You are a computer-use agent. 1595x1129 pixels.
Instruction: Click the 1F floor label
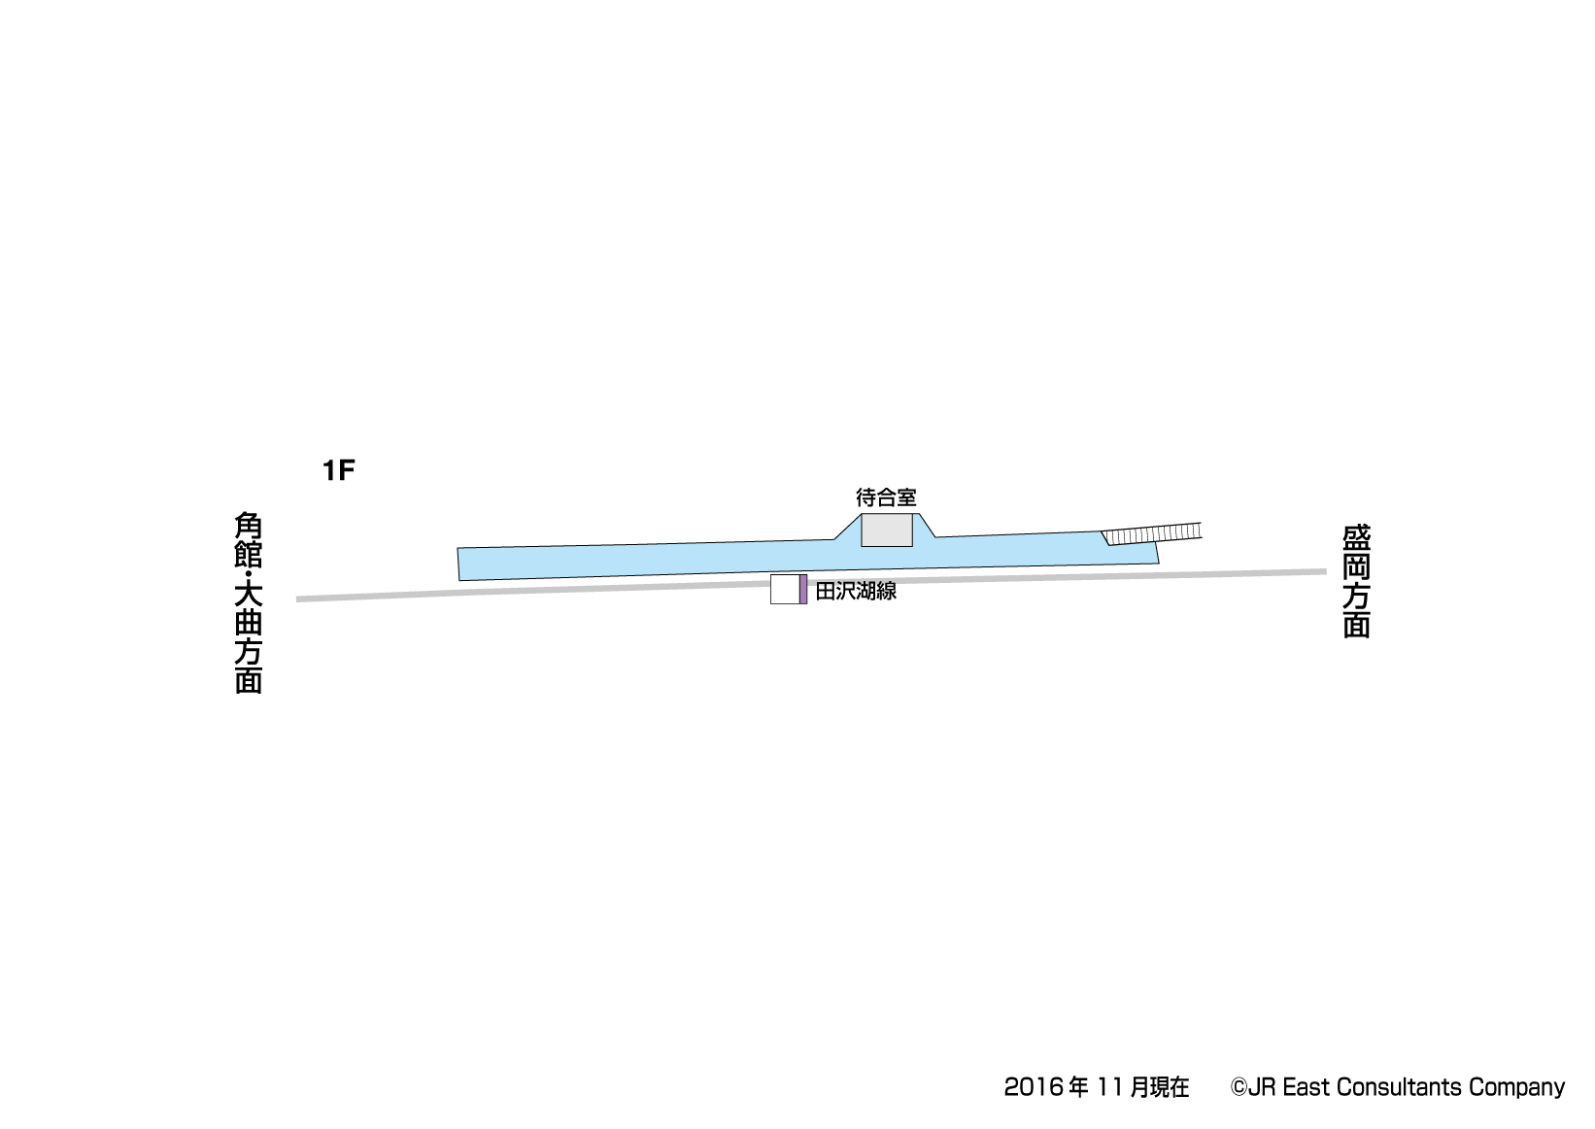pyautogui.click(x=338, y=470)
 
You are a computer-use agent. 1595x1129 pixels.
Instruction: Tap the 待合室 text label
pyautogui.click(x=886, y=496)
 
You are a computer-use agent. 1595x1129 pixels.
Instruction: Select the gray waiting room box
pyautogui.click(x=887, y=530)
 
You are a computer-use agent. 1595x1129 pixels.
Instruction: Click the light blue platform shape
pyautogui.click(x=712, y=560)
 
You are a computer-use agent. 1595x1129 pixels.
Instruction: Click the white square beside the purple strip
pyautogui.click(x=785, y=589)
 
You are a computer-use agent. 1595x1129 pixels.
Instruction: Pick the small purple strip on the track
pyautogui.click(x=803, y=589)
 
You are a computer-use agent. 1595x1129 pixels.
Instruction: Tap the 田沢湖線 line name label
pyautogui.click(x=856, y=591)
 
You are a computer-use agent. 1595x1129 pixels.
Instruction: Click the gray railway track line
pyautogui.click(x=811, y=585)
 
